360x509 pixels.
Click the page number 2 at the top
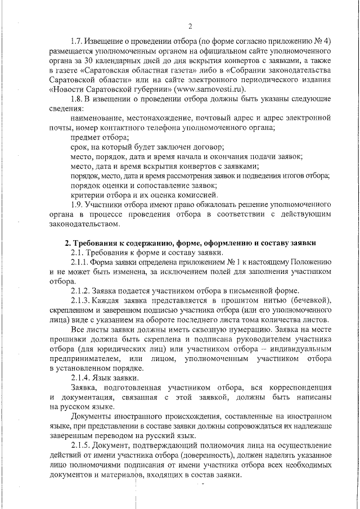click(x=190, y=26)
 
